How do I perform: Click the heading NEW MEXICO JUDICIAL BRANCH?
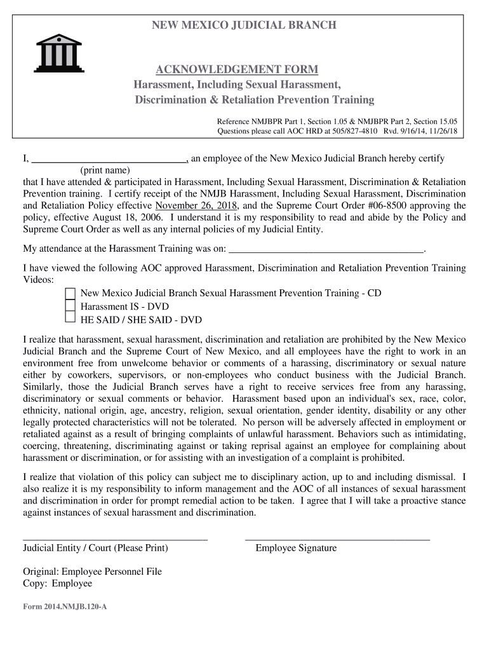[x=243, y=25]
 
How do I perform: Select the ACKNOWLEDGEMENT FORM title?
[x=237, y=69]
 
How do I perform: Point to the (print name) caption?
[x=105, y=170]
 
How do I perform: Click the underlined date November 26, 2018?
[x=196, y=205]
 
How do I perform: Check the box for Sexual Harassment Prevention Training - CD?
[x=70, y=294]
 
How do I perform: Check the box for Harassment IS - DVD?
[x=70, y=306]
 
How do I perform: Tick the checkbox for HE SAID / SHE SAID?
[x=70, y=319]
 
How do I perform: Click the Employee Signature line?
[x=337, y=538]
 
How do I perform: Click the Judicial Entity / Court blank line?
[x=115, y=538]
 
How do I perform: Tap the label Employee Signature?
[x=296, y=548]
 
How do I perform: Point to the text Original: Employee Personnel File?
[x=92, y=572]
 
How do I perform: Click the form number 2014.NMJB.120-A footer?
[x=65, y=606]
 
